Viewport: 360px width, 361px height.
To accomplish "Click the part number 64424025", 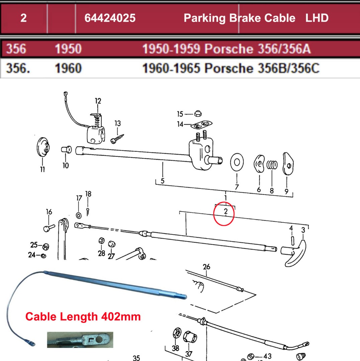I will (110, 18).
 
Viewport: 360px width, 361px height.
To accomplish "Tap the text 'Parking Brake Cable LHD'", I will (256, 18).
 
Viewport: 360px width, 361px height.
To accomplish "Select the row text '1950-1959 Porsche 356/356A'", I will (226, 49).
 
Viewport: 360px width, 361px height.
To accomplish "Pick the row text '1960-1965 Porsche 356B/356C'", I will (231, 69).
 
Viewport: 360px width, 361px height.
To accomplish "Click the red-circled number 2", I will (226, 211).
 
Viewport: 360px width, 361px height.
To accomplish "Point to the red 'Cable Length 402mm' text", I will (83, 316).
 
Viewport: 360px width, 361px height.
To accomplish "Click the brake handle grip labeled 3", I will (296, 253).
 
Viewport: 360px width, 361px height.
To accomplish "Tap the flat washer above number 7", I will (237, 162).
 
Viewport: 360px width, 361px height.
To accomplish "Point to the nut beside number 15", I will (198, 114).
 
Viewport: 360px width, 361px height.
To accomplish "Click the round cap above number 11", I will (43, 147).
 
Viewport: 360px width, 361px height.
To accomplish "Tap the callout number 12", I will (98, 101).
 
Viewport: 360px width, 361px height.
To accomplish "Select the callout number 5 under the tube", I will (163, 181).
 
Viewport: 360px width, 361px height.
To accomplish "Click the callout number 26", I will (206, 266).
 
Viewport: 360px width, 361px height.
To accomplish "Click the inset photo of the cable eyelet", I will (80, 340).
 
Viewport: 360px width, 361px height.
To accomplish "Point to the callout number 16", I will (49, 212).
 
